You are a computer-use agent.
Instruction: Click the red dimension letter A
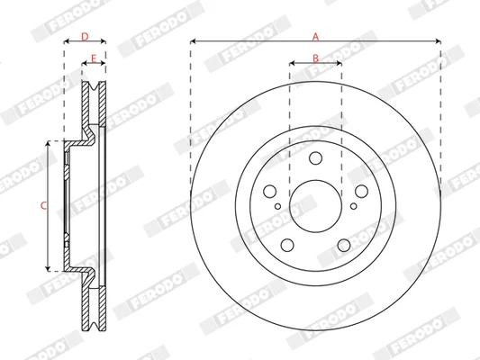(x=315, y=37)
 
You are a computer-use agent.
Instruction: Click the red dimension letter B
(x=315, y=58)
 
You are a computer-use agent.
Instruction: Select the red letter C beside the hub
(x=43, y=205)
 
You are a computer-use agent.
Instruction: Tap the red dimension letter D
(x=85, y=37)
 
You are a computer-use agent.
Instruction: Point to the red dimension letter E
(x=94, y=58)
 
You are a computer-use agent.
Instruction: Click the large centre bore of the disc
(x=315, y=206)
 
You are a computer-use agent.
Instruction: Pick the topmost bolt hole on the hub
(x=315, y=158)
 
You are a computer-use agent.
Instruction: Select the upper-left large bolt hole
(x=269, y=192)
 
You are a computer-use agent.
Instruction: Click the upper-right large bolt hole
(x=361, y=192)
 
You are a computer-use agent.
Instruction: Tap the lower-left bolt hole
(x=287, y=245)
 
